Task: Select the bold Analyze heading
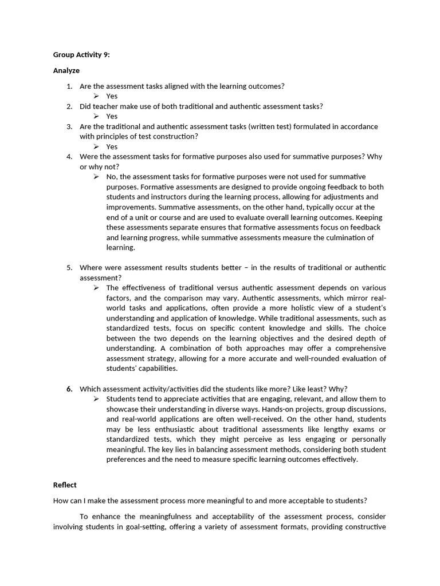pos(66,70)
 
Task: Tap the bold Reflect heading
pos(65,485)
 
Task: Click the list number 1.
pos(69,86)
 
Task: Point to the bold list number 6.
pos(69,389)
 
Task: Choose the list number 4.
pos(69,156)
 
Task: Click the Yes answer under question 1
pos(112,96)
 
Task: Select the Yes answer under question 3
pos(112,146)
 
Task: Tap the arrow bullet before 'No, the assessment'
pos(96,177)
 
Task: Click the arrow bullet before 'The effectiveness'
pos(96,288)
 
